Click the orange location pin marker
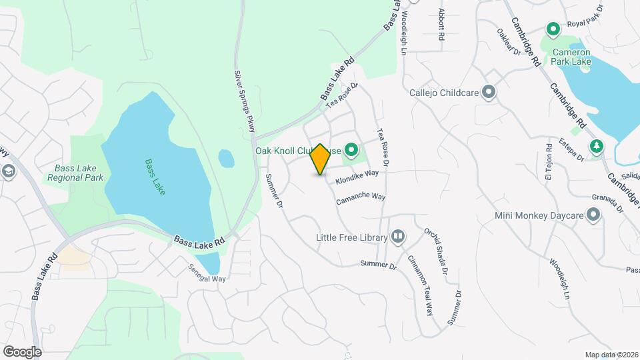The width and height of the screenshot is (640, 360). pos(321,159)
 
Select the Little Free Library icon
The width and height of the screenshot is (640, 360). pos(397,236)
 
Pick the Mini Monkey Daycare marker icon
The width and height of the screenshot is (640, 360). pos(593,215)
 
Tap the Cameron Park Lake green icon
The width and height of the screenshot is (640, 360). pos(553,29)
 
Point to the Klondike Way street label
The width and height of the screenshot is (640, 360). pos(357,177)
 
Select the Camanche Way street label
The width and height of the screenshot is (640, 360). pos(361,198)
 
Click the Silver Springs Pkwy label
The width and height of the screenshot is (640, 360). pos(245,101)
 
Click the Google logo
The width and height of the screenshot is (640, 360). pos(22,351)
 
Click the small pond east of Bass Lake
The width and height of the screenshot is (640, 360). pos(227,159)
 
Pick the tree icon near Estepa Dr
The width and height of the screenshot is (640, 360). pos(596,145)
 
